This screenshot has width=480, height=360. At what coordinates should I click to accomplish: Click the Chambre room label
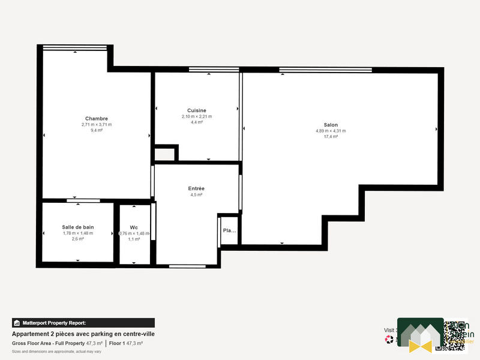pos(97,118)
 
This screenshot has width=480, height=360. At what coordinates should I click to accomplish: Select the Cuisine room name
pos(197,110)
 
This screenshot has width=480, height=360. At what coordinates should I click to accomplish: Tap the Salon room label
pos(331,125)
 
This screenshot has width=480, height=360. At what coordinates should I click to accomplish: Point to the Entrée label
pos(196,188)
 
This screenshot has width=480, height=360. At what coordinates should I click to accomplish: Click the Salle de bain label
pos(78,227)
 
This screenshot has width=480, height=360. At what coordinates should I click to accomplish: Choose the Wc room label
pos(134,227)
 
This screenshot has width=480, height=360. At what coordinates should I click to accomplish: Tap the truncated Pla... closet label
pos(229,230)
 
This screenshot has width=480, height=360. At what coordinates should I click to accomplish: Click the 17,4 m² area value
pos(331,137)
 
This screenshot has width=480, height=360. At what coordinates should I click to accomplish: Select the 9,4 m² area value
pos(97,130)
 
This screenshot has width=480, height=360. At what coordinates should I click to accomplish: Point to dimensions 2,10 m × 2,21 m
pos(197,116)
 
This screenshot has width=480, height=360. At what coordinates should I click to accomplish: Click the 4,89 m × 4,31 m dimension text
pos(331,131)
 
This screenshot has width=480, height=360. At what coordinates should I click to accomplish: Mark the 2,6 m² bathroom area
pos(78,239)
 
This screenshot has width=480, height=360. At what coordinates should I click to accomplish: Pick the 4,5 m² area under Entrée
pos(196,195)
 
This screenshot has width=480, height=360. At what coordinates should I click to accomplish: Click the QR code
pos(451,335)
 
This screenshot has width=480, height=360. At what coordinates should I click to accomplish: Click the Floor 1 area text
pos(125,343)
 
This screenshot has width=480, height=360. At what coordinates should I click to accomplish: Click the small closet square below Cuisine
pos(165,154)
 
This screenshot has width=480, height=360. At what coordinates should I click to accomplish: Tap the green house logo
pos(420,335)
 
